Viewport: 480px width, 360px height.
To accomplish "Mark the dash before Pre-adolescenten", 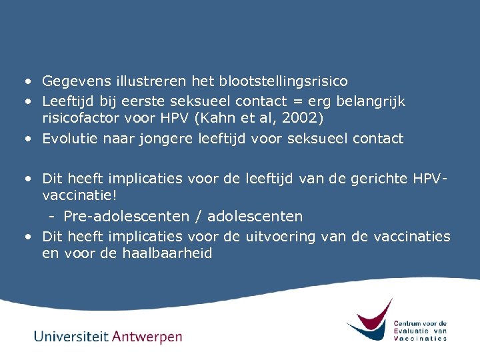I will (x=51, y=217).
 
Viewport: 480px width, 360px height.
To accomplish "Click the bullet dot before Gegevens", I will (x=28, y=81).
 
